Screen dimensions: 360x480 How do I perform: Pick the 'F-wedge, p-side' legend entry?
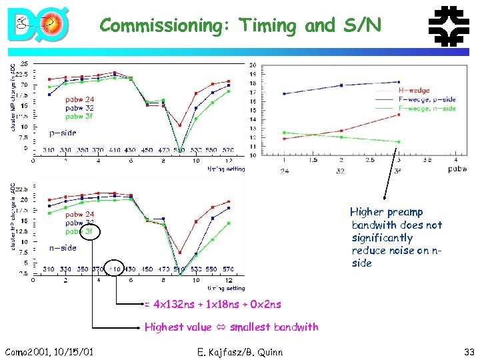(427, 99)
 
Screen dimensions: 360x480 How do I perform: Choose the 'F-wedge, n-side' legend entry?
(427, 108)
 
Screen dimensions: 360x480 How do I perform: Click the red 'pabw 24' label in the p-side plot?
(79, 99)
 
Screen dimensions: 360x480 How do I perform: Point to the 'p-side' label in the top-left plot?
(63, 133)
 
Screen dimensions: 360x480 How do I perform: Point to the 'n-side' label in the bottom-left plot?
(63, 248)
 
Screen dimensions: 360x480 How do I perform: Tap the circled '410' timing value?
(115, 269)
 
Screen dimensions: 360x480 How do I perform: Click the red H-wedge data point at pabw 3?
(399, 115)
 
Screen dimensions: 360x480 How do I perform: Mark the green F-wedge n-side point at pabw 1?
(284, 133)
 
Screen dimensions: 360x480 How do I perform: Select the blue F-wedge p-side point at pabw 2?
(341, 85)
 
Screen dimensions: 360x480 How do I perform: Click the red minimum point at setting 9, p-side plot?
(179, 125)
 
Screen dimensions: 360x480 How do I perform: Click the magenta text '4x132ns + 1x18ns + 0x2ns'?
(217, 305)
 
